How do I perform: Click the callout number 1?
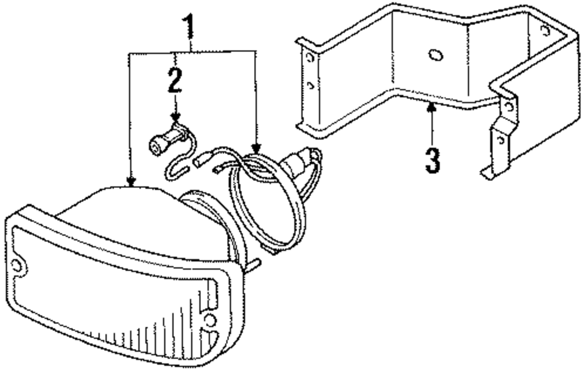(189, 26)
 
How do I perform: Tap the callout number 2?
(175, 82)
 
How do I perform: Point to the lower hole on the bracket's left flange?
(311, 86)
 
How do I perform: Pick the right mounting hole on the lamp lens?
(210, 319)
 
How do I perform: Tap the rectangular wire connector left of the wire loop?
(205, 157)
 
